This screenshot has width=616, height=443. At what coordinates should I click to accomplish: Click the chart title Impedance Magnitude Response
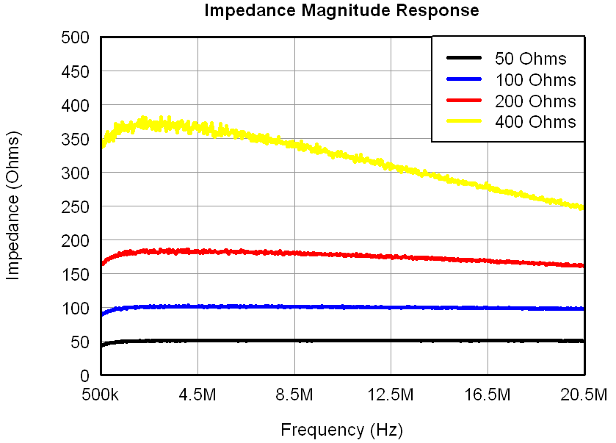[341, 10]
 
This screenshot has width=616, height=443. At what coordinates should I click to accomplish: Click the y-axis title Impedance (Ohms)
[13, 206]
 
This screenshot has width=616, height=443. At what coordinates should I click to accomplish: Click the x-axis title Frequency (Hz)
[341, 429]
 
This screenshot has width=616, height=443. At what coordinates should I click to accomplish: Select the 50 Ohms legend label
[530, 59]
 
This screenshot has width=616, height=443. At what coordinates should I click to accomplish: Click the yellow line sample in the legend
[463, 121]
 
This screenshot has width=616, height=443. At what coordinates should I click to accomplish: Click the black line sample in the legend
[463, 59]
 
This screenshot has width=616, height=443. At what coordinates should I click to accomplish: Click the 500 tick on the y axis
[76, 37]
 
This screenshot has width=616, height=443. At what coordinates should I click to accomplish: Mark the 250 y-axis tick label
[76, 206]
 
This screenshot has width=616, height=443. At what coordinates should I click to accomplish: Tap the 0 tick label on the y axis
[84, 375]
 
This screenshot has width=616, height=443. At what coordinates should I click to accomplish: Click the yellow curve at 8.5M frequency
[294, 144]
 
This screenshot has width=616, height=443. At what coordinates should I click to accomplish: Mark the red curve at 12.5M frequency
[391, 256]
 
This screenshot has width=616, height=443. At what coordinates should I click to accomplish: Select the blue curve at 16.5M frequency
[488, 309]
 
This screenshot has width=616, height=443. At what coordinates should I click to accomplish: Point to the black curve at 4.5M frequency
[198, 341]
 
